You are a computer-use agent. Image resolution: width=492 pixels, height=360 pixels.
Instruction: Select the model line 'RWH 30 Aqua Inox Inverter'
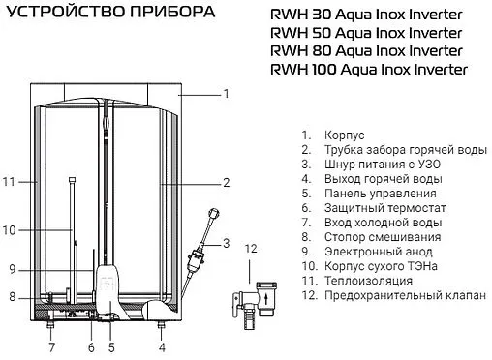coord(372,15)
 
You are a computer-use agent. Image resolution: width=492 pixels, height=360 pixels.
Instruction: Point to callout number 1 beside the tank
coord(226,94)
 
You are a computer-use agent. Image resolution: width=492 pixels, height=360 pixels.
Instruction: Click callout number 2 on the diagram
coord(226,182)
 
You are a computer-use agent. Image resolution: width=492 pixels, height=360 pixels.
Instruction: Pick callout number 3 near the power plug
coord(226,242)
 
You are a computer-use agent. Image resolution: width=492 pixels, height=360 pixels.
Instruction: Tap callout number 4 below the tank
coord(162,345)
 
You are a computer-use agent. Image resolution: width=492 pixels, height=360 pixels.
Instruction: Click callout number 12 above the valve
coord(251,250)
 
